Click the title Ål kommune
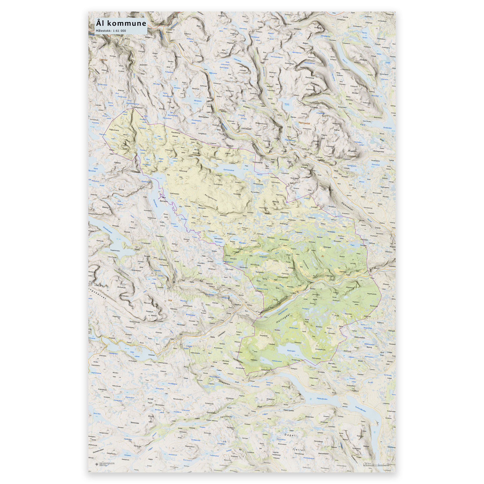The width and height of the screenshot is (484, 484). click(121, 23)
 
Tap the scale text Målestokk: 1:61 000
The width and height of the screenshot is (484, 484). click(111, 31)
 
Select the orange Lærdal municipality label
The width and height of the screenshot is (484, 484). click(104, 60)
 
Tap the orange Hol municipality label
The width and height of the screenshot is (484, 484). click(170, 300)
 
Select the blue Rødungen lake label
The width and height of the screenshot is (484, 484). click(291, 351)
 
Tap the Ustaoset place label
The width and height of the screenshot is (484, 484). click(151, 355)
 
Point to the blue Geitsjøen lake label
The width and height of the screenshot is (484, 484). click(128, 455)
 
